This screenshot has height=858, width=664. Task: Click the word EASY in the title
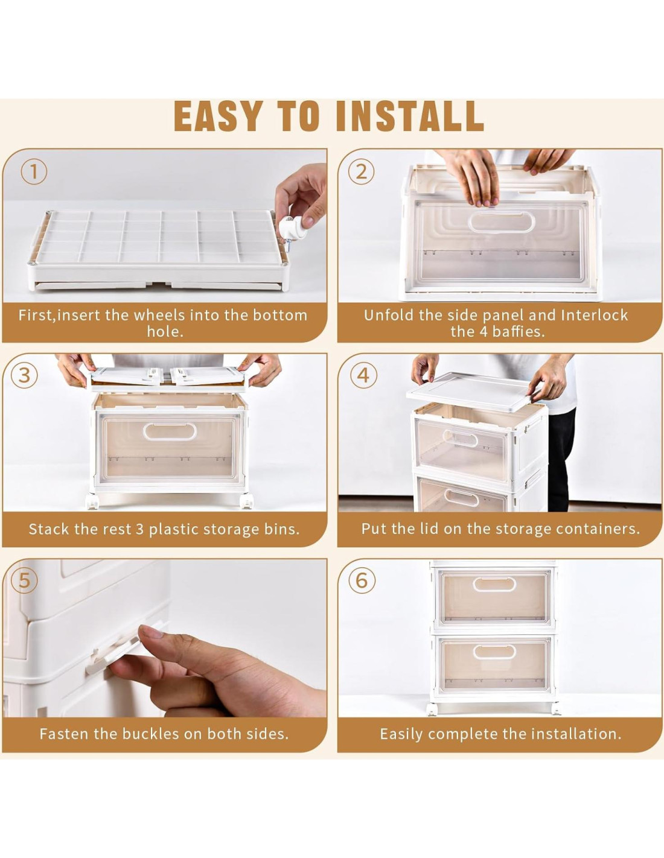point(218,116)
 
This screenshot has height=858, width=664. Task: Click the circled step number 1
point(34,173)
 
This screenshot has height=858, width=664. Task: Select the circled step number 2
point(361,173)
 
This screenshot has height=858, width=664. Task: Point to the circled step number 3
point(24,375)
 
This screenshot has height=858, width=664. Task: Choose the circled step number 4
point(363,375)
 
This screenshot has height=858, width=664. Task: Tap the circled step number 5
point(24,581)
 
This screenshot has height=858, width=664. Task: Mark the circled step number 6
point(362,581)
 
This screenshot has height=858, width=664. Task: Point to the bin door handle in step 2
point(501,222)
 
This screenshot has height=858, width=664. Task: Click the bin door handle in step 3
point(170,431)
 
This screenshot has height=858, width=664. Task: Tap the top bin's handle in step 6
point(494,585)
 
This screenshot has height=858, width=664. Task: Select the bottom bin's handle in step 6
point(494,652)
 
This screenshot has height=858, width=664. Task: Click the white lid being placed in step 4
point(475,392)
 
